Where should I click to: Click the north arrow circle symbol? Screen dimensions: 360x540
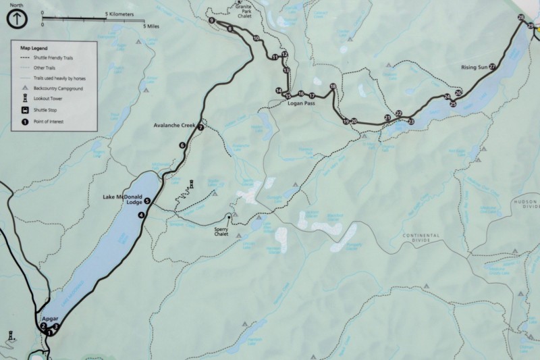pos(17,20)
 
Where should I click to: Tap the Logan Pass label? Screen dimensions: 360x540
pos(301,104)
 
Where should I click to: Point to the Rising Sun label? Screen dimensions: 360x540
pos(475,68)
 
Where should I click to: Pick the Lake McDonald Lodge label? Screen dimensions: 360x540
pos(123,199)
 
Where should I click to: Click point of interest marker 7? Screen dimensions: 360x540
pos(200,127)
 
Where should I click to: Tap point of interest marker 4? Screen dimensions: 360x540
pos(141,215)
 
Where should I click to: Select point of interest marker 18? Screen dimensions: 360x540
pos(333,86)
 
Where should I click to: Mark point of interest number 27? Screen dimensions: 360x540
pos(492,66)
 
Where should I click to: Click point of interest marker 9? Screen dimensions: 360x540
pos(212,22)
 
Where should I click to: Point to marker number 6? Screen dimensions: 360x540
pos(182,145)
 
